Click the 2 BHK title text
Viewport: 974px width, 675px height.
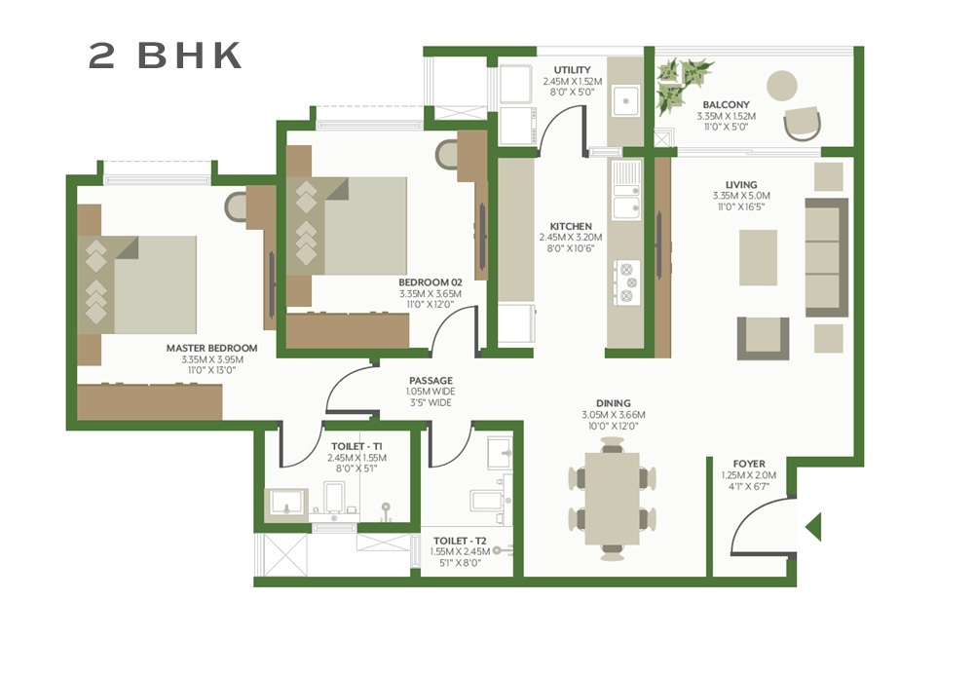click(166, 56)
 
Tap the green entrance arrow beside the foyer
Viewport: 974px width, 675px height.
click(813, 527)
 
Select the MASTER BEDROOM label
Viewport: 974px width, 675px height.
click(211, 348)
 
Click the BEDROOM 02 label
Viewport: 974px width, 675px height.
click(430, 282)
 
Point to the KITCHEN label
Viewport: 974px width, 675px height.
click(571, 226)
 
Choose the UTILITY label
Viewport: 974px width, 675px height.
click(572, 70)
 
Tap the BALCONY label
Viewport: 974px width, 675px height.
click(726, 104)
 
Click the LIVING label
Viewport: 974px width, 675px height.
click(741, 184)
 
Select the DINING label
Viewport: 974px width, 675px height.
click(614, 403)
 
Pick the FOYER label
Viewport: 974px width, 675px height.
click(749, 464)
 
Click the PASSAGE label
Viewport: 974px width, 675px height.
click(430, 381)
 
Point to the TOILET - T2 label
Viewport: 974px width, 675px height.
click(456, 540)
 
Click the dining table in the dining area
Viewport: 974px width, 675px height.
click(612, 499)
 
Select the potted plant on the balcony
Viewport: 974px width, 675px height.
click(682, 82)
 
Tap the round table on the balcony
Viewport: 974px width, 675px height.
click(782, 86)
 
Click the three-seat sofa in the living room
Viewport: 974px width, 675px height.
click(826, 257)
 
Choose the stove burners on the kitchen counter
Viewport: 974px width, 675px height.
click(626, 280)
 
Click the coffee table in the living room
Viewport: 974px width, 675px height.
click(758, 257)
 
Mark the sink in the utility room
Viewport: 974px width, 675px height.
click(624, 98)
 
